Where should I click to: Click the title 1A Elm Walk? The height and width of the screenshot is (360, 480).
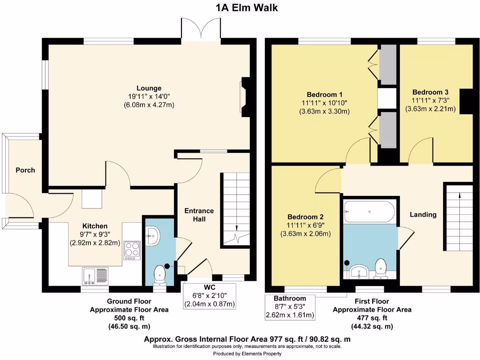247,7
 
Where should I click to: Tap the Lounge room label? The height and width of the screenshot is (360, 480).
149,88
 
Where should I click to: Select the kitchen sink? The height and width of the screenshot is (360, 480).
95,276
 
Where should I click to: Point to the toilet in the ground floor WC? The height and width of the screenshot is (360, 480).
159,274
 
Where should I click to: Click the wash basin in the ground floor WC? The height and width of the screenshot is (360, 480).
152,236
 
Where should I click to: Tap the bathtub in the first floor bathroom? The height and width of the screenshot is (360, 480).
369,211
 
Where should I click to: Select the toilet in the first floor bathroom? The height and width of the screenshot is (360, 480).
381,269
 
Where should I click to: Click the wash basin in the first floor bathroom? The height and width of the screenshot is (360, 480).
359,271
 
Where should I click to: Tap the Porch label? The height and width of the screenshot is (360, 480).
25,170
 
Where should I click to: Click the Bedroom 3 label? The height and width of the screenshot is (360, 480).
430,92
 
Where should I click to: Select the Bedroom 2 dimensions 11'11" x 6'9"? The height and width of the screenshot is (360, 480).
306,225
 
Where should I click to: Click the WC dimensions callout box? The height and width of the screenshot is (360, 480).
210,296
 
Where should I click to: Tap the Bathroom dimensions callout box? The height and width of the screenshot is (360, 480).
290,307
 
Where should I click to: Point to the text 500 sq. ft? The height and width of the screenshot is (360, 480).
129,318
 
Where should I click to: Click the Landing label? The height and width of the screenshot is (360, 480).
423,215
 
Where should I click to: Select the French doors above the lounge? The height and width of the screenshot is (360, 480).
201,29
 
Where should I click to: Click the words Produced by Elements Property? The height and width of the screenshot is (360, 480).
247,353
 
